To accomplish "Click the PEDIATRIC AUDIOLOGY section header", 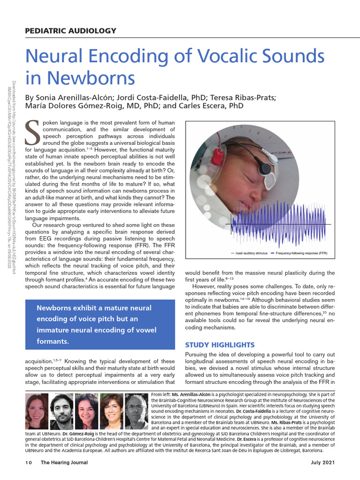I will (x=70, y=31).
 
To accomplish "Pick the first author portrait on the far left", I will (x=37, y=411).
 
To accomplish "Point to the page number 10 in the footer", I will (x=28, y=463).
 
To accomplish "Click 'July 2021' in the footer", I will (x=323, y=463).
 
